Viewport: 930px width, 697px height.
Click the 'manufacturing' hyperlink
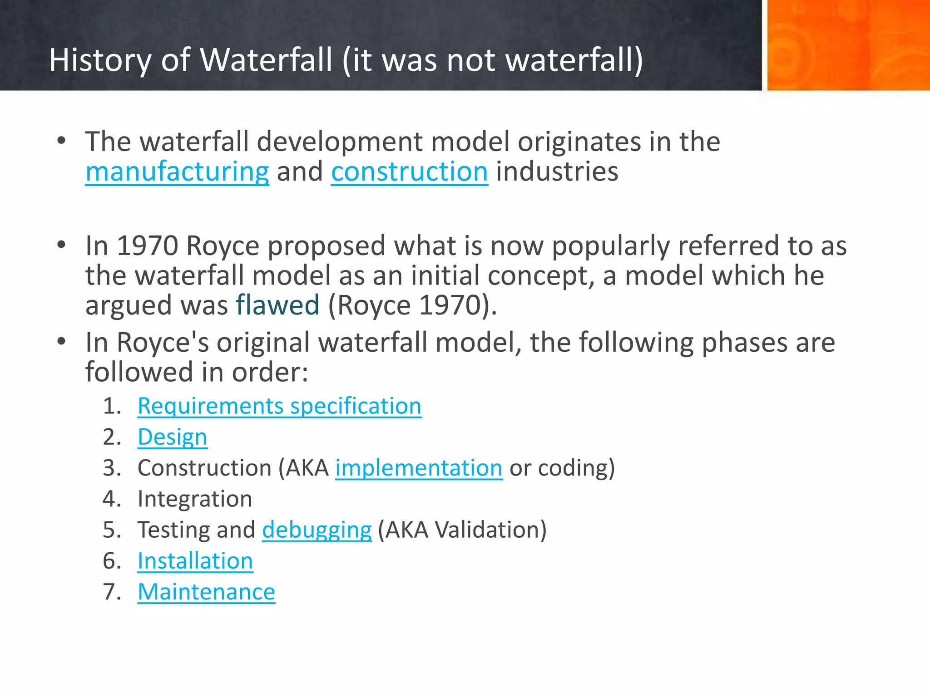[177, 172]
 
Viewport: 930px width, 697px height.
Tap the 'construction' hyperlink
[409, 172]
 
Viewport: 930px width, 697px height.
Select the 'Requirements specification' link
[279, 406]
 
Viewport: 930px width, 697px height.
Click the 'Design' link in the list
[172, 437]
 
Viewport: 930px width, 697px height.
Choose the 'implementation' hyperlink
[419, 468]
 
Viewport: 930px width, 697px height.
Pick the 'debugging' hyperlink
[317, 530]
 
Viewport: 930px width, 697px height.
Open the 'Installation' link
[195, 561]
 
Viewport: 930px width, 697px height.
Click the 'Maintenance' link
[206, 592]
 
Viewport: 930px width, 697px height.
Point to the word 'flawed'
[277, 305]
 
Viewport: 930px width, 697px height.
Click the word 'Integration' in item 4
[195, 499]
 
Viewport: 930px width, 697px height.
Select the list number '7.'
[112, 592]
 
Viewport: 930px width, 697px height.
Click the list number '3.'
[112, 468]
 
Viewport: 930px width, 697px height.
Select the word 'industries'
[557, 172]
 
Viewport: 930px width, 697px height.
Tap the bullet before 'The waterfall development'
[62, 141]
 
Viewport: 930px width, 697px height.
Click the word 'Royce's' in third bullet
[163, 343]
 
